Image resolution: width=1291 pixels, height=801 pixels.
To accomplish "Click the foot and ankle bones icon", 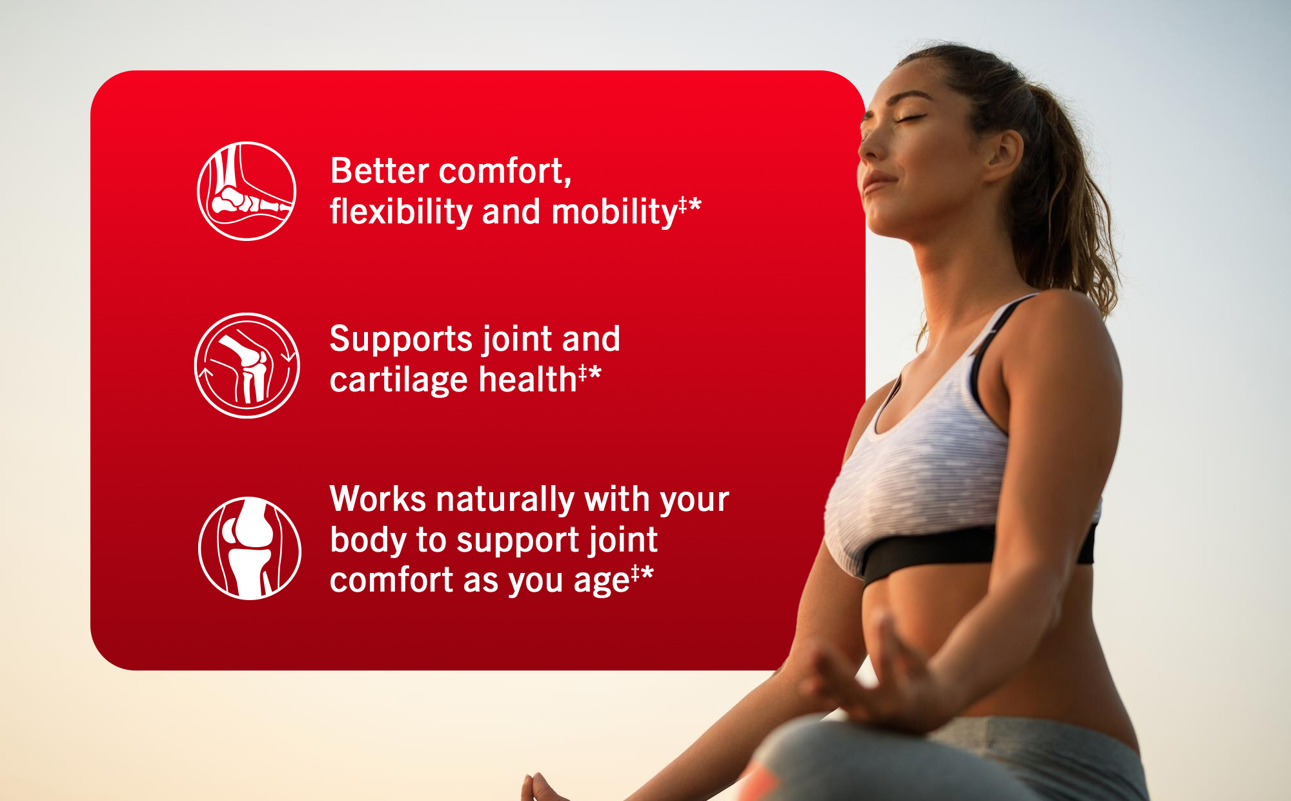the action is coord(247,191).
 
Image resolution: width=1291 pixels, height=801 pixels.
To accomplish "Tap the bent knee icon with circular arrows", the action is coord(247,366).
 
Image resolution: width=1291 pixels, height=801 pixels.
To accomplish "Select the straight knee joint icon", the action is coord(250,548).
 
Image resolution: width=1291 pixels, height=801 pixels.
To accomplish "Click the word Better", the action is coord(380,171).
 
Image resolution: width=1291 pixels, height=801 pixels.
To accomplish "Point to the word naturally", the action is coord(505,501).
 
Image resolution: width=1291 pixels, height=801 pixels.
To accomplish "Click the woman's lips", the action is coord(877,181).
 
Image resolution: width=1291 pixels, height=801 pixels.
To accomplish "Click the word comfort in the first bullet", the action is coord(505,172).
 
